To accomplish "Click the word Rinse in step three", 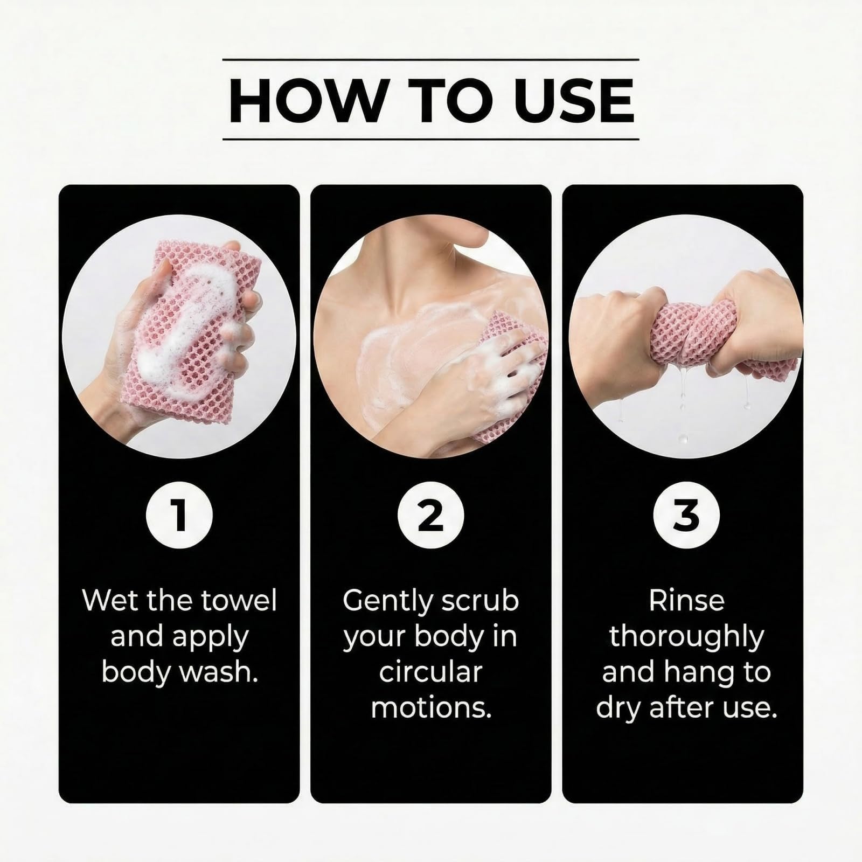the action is click(x=686, y=600).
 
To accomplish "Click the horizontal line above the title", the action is click(x=431, y=59).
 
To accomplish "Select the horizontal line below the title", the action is click(x=431, y=139).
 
